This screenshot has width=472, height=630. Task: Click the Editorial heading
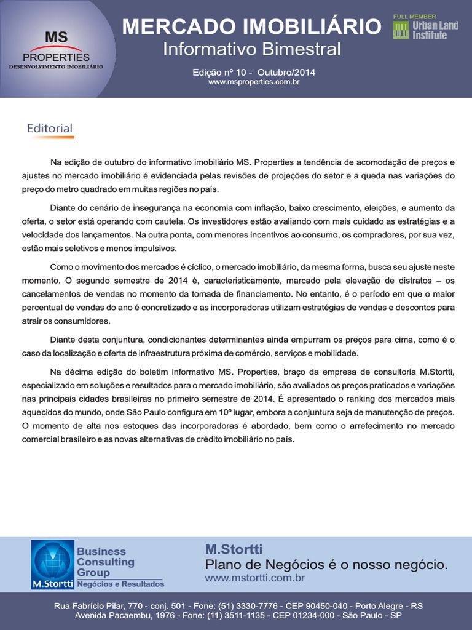(50, 129)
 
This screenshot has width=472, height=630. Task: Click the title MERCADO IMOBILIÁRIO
(251, 27)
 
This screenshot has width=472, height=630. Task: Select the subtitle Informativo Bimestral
(251, 49)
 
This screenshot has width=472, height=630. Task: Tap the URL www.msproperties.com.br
(254, 82)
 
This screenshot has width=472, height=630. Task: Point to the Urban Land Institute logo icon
(401, 31)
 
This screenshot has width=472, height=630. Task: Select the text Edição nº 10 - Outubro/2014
(254, 72)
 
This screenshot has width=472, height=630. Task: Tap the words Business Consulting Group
(105, 562)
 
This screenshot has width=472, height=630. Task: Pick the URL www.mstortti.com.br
(254, 578)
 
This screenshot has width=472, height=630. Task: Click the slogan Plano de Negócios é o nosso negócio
(326, 565)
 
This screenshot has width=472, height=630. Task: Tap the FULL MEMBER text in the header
(414, 17)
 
